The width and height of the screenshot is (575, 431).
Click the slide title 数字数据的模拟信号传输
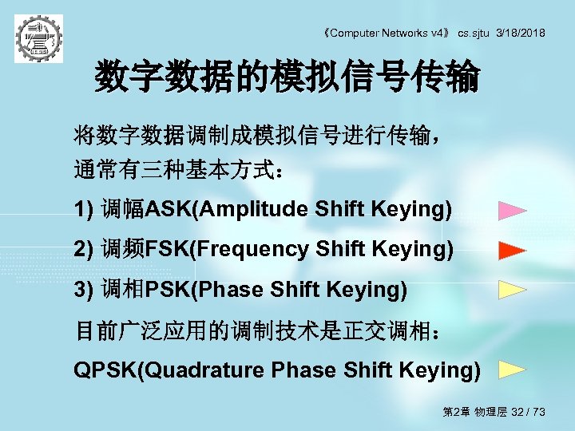point(287,79)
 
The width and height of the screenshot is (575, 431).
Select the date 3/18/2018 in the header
point(521,33)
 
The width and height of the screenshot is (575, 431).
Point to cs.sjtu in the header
point(474,33)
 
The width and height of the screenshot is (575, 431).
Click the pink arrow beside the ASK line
point(512,212)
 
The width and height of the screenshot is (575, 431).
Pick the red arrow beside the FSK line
point(512,251)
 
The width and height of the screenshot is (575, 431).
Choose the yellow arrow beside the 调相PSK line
point(512,289)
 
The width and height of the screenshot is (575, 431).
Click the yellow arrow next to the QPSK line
point(512,370)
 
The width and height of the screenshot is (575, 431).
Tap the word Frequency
point(252,250)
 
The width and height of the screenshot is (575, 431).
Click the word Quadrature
point(204,370)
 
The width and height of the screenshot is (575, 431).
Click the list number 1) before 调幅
point(84,210)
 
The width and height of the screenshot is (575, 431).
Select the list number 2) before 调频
point(84,250)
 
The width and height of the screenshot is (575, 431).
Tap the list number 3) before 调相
point(84,289)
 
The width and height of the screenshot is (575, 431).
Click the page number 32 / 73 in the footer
point(529,412)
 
